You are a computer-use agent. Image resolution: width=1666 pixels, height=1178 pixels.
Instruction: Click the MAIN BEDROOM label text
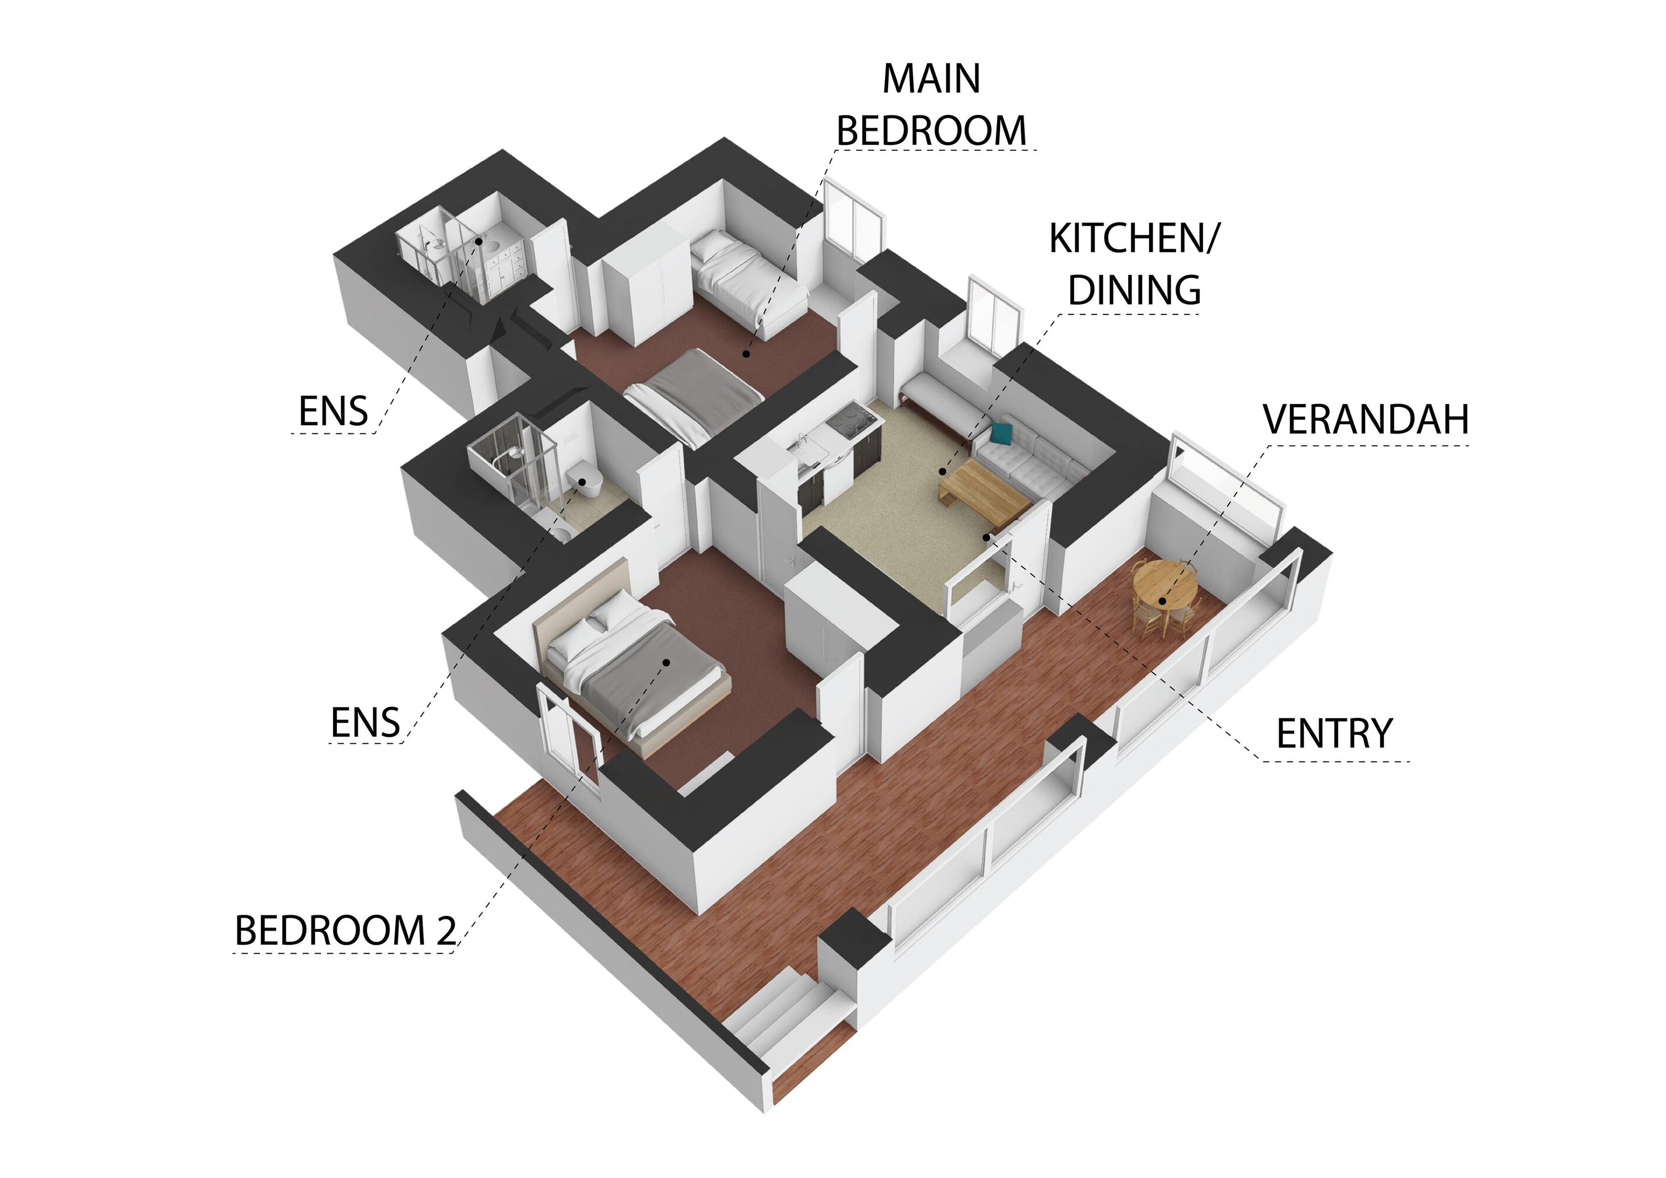click(932, 104)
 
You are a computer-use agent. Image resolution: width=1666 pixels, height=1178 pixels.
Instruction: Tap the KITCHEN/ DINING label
click(1135, 264)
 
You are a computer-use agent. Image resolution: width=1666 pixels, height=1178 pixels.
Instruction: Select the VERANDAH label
click(1366, 419)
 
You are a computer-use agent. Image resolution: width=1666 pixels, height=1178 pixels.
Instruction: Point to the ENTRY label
click(1334, 733)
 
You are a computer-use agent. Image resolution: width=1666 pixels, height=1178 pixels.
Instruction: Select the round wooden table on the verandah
click(1165, 590)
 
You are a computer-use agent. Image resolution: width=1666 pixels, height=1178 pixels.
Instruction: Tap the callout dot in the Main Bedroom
click(745, 353)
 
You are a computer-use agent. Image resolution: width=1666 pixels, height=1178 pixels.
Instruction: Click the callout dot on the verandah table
click(1162, 601)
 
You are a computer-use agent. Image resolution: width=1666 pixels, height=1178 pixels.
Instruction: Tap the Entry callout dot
click(986, 537)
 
